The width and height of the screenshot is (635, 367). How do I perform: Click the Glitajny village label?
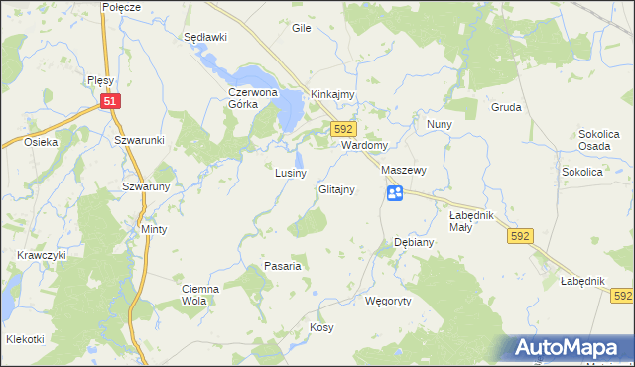[337, 189]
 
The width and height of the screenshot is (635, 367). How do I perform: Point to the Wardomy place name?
[363, 145]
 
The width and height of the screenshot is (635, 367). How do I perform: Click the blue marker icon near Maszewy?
[395, 193]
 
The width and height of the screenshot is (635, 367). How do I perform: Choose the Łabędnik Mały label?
[473, 221]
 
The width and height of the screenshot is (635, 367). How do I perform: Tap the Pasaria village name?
[282, 266]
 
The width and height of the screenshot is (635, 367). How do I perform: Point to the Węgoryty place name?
[388, 300]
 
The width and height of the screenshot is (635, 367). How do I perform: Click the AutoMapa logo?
[571, 348]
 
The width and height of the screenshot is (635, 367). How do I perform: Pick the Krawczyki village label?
[41, 255]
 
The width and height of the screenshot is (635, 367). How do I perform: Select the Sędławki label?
[206, 37]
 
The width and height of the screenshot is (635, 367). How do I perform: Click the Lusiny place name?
[290, 173]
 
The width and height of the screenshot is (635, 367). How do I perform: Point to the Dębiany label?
[413, 242]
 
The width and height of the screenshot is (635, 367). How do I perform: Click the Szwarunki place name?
[138, 141]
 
